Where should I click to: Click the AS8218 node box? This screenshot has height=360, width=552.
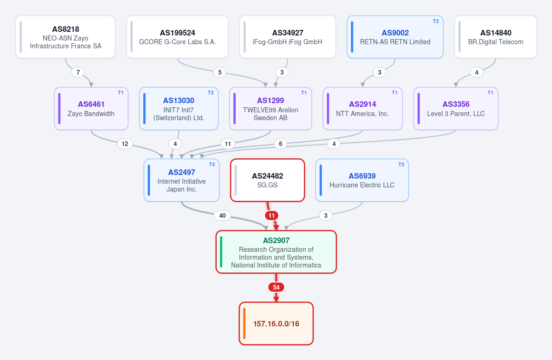coord(65,37)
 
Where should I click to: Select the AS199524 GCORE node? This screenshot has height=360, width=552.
coord(177,37)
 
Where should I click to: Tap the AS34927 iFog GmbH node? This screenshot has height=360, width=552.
coord(288,37)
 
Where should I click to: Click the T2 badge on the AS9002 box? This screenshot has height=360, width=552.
coord(436,22)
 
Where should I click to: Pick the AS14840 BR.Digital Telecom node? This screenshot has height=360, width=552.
coord(496,37)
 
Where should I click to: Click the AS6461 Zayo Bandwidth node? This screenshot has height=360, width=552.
coord(91,109)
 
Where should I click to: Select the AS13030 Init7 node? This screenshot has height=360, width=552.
coord(179,109)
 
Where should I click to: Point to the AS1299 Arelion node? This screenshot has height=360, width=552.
coord(270,109)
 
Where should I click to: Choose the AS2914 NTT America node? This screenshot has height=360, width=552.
coord(363,109)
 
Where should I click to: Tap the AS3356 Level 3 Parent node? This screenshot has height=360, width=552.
coord(456,109)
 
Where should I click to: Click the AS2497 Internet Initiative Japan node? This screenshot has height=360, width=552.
coord(182,180)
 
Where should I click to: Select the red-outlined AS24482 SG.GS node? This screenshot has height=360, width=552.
coord(267,180)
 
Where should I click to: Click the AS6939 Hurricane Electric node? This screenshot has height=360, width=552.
coord(362,180)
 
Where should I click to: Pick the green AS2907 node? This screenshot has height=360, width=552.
coord(276,252)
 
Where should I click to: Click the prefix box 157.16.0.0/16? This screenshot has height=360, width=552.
coord(276,324)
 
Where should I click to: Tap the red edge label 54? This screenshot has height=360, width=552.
coord(276,287)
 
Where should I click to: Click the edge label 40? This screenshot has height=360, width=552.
coord(222,215)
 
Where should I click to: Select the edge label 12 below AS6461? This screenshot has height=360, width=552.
coord(125,144)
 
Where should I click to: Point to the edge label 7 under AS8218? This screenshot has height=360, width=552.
coord(78,72)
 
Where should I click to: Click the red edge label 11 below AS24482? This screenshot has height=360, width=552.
coord(272,215)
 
